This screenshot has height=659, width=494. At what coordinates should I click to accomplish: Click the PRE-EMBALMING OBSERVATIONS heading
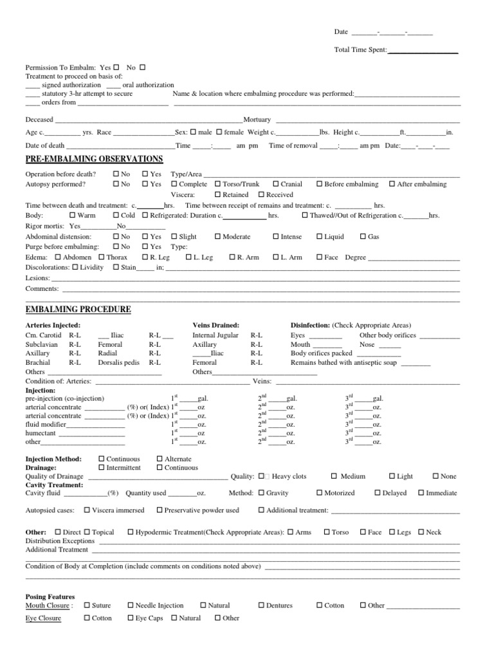(x=94, y=159)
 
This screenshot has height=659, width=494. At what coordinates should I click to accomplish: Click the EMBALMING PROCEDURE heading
(x=78, y=310)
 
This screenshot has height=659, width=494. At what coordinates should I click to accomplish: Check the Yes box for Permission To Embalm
(x=116, y=67)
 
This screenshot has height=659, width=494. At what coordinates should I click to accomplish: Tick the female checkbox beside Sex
(x=219, y=132)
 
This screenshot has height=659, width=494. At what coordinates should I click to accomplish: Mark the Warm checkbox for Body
(x=72, y=215)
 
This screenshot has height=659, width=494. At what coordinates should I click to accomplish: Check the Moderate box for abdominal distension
(x=218, y=237)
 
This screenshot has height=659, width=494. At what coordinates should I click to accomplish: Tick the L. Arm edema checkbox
(x=277, y=257)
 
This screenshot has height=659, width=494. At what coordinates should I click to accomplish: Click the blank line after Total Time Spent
(x=423, y=50)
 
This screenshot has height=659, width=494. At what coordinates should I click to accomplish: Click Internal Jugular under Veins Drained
(x=215, y=335)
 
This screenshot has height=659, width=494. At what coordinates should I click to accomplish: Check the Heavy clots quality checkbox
(x=262, y=476)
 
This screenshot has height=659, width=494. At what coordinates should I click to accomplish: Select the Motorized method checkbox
(x=320, y=493)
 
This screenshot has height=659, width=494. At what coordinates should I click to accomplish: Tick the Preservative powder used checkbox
(x=160, y=510)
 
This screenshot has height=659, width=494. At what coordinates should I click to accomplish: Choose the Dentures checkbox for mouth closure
(x=262, y=606)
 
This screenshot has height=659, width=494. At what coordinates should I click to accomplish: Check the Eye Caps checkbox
(x=131, y=618)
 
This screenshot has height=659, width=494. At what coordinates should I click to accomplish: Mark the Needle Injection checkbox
(x=131, y=606)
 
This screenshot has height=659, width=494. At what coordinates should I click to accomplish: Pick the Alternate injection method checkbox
(x=160, y=459)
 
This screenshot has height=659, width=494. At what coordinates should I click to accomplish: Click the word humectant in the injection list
(x=41, y=433)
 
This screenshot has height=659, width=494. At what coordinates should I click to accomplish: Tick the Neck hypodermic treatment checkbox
(x=421, y=532)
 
